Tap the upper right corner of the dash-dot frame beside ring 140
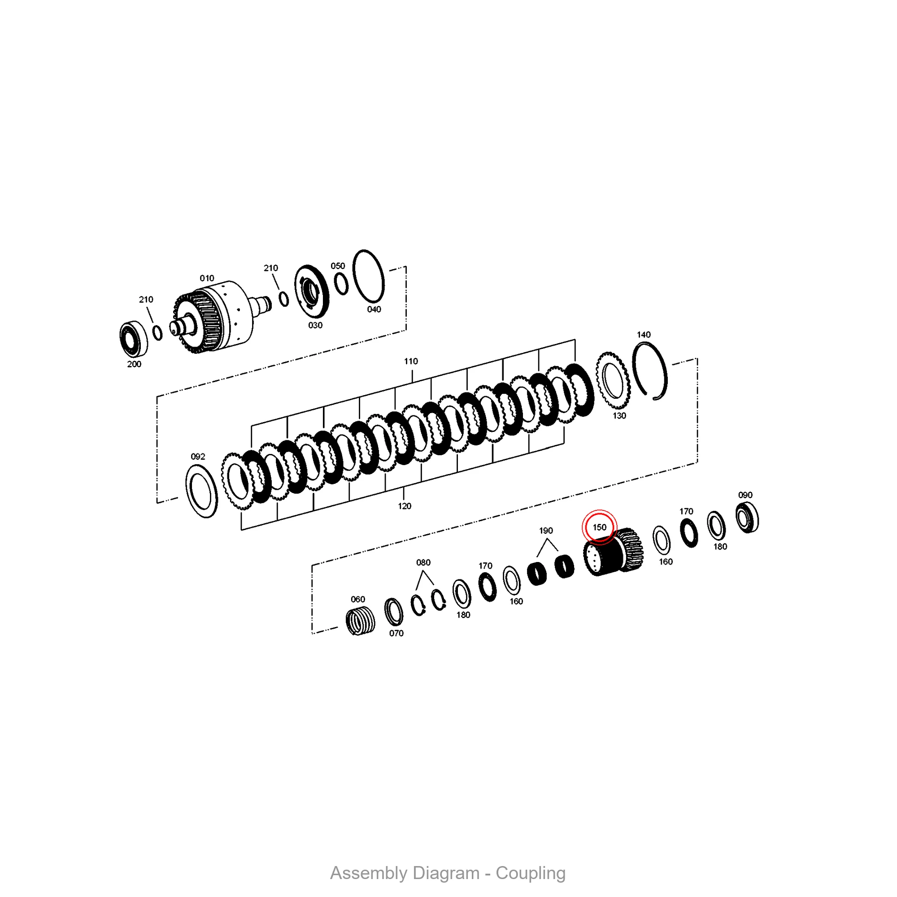coord(697,358)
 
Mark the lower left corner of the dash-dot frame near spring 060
coord(312,633)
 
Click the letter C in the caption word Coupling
coord(502,873)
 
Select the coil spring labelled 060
coord(361,621)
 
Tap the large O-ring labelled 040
coord(369,276)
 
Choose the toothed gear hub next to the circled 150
coord(614,553)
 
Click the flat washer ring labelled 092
coord(201,491)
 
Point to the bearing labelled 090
coord(747,518)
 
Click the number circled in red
coord(599,527)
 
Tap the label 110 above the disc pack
coord(411,361)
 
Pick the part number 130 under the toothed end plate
coord(619,416)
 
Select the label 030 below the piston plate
coord(315,326)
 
